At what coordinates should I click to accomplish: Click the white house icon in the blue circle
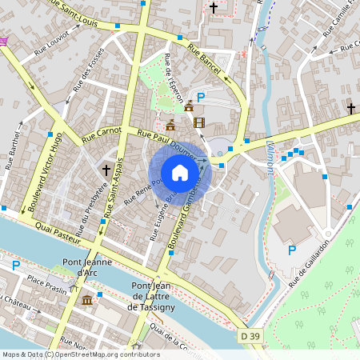(180, 173)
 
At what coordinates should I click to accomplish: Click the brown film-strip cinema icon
(198, 122)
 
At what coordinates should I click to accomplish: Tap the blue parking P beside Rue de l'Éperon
(202, 97)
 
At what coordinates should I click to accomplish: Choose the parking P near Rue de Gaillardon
(292, 250)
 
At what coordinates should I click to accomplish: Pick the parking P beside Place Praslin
(15, 265)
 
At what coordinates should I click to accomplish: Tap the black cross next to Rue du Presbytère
(106, 170)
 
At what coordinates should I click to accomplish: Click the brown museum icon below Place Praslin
(86, 300)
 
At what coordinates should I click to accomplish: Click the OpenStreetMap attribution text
(80, 354)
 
